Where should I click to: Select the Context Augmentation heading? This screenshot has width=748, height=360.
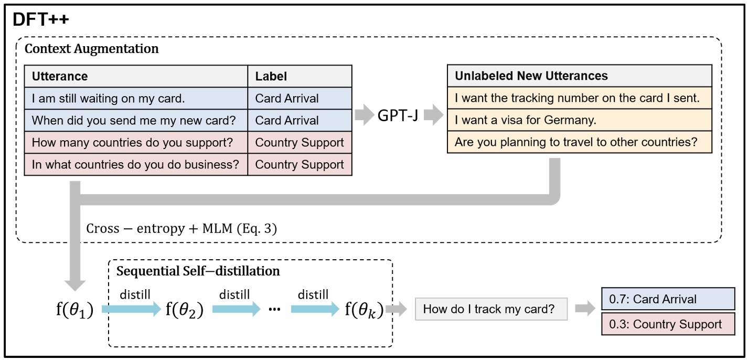click(x=92, y=49)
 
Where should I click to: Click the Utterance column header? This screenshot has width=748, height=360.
click(x=60, y=76)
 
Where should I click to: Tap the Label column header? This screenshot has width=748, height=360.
click(x=271, y=76)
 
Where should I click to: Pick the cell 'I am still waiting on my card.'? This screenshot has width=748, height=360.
click(x=108, y=98)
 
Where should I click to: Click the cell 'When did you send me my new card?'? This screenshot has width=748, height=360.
click(x=134, y=120)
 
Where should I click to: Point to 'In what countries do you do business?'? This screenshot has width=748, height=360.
click(x=135, y=164)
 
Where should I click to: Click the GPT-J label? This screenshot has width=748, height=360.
click(x=398, y=115)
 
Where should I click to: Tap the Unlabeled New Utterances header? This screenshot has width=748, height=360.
click(x=531, y=76)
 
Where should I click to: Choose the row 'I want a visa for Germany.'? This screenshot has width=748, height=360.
click(x=525, y=120)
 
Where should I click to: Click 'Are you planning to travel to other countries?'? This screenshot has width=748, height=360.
click(x=575, y=142)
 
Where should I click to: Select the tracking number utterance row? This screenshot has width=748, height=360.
click(x=577, y=98)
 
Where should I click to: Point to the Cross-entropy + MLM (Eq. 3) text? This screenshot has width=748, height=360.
click(x=181, y=229)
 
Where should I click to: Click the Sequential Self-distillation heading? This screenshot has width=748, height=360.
click(x=198, y=271)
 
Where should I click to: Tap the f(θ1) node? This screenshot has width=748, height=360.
click(x=74, y=311)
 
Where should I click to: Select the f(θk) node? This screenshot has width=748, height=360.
click(x=364, y=310)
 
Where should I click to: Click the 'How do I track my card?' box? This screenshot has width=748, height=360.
click(x=491, y=310)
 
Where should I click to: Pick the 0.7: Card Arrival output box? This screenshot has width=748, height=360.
click(x=668, y=299)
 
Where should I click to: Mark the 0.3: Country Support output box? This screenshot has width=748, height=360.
click(x=668, y=324)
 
